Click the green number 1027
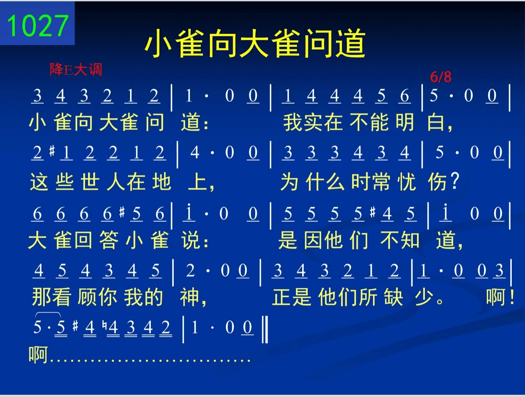(x=38, y=25)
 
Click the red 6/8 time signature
(x=441, y=77)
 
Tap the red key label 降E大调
(x=76, y=70)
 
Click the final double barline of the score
(x=265, y=330)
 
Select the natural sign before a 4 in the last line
(x=104, y=325)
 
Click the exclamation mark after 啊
(x=511, y=297)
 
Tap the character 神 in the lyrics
(x=189, y=297)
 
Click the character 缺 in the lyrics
(x=394, y=297)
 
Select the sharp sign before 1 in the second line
(x=52, y=151)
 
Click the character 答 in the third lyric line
(x=109, y=240)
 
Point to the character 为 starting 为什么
(x=290, y=182)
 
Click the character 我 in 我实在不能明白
(x=292, y=123)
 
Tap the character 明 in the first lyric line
(x=405, y=122)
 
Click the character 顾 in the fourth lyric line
(x=87, y=297)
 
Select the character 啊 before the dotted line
(x=38, y=354)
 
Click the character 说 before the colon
(x=190, y=240)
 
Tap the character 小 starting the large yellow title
(x=158, y=43)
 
